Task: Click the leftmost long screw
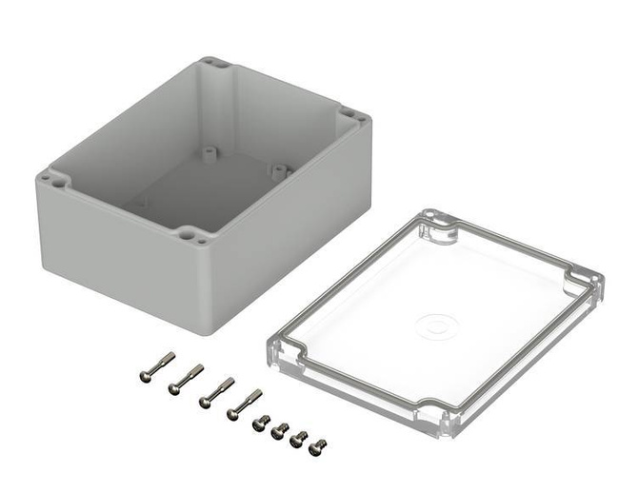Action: tap(156, 365)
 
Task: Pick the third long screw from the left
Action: tap(216, 392)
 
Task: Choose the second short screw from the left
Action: tap(278, 430)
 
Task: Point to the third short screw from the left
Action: tap(299, 438)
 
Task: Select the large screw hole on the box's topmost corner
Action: tap(217, 66)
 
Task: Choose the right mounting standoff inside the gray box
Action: tap(279, 171)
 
